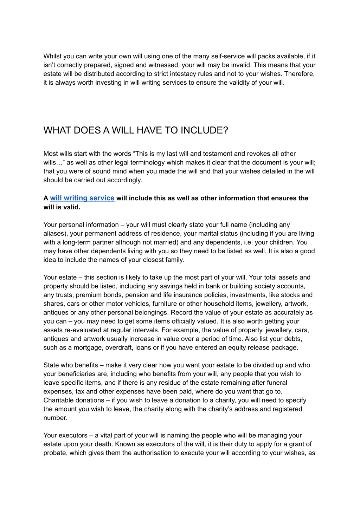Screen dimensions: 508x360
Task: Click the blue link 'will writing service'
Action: tap(82, 198)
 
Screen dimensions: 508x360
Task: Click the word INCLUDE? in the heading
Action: tap(204, 130)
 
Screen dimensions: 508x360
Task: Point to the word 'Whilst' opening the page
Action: tap(52, 56)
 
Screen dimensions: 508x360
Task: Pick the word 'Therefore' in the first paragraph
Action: tap(300, 74)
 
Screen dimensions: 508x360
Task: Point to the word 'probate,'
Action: tap(56, 453)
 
